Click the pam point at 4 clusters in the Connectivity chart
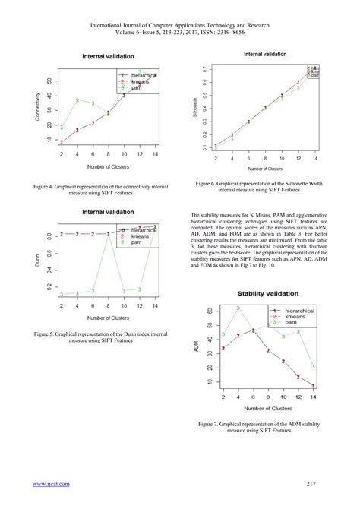pos(77,100)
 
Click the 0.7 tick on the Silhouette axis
pos(205,69)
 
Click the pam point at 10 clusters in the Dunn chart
pos(126,290)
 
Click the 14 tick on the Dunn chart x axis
pos(155,306)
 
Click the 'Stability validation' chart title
pos(268,293)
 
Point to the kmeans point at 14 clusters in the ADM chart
pos(312,386)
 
